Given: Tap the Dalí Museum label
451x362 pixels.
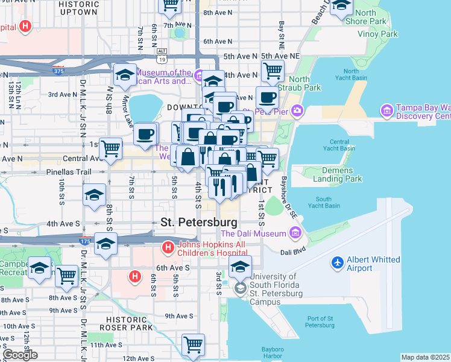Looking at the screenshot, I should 253,233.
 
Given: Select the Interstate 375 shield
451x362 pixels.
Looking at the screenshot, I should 58,70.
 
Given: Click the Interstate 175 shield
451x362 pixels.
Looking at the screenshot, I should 84,241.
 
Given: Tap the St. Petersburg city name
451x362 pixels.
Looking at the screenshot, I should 198,222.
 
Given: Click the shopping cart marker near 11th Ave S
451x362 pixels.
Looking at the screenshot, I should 193,345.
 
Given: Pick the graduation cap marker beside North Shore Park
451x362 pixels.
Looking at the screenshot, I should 341,7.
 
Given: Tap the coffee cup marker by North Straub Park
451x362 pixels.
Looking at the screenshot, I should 267,97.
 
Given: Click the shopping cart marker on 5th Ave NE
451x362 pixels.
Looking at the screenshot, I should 273,71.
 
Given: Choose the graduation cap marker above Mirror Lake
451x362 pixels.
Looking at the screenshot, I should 124,75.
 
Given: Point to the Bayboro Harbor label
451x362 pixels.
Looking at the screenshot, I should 277,352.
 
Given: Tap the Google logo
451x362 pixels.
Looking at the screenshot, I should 20,354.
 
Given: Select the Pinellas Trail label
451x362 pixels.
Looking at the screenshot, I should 68,172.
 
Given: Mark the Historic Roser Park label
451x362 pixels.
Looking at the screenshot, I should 127,323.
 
